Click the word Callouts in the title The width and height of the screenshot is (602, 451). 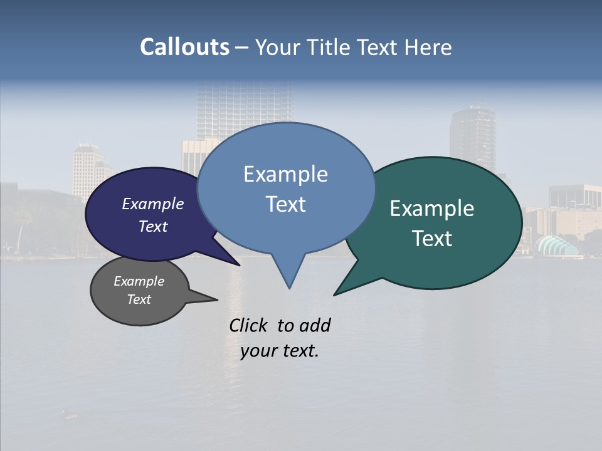(184, 47)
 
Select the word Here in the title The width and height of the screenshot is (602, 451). (428, 47)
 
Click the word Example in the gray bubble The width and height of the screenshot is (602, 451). (139, 281)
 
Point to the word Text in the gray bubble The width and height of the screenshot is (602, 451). (139, 299)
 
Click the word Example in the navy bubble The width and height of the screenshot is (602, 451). (152, 204)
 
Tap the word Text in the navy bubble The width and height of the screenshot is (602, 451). (152, 226)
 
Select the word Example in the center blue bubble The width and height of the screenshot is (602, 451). (285, 174)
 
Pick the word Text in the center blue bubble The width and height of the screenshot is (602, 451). (285, 204)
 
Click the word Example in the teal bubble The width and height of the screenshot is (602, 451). (432, 209)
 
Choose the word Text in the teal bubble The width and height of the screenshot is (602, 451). (432, 239)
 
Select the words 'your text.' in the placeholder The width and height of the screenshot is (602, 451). (280, 351)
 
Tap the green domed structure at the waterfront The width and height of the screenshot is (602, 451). (557, 246)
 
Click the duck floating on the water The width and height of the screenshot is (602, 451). (69, 414)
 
